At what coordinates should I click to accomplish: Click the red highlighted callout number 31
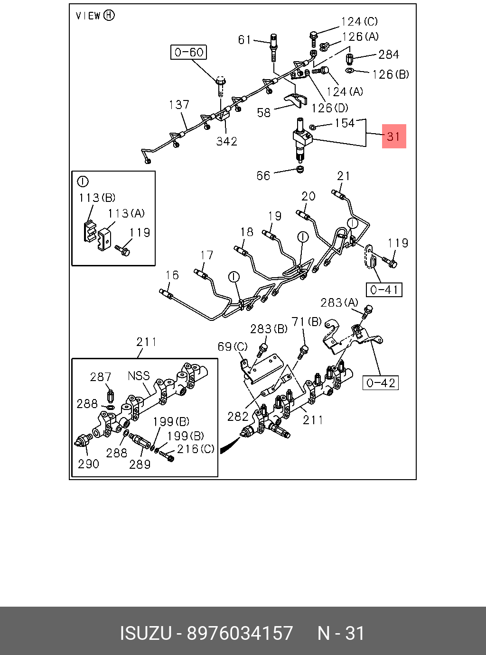[394, 136]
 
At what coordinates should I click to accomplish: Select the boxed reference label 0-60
[189, 52]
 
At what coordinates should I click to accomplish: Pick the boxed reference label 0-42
[381, 382]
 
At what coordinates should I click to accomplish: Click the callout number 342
[226, 141]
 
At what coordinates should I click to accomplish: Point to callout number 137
[179, 105]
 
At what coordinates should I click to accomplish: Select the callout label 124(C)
[359, 22]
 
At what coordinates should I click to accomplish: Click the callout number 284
[389, 55]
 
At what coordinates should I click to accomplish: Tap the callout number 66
[263, 176]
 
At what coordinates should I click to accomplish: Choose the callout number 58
[264, 113]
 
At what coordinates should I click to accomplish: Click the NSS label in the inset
[139, 376]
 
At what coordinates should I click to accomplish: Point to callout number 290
[89, 464]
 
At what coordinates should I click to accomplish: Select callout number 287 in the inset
[101, 377]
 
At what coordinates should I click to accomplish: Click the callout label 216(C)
[196, 449]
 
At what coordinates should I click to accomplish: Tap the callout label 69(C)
[233, 347]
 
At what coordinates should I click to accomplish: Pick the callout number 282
[238, 416]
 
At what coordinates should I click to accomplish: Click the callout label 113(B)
[97, 198]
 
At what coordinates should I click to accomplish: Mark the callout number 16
[172, 275]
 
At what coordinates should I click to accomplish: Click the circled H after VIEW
[109, 16]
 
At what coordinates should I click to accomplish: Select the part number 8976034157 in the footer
[240, 634]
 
